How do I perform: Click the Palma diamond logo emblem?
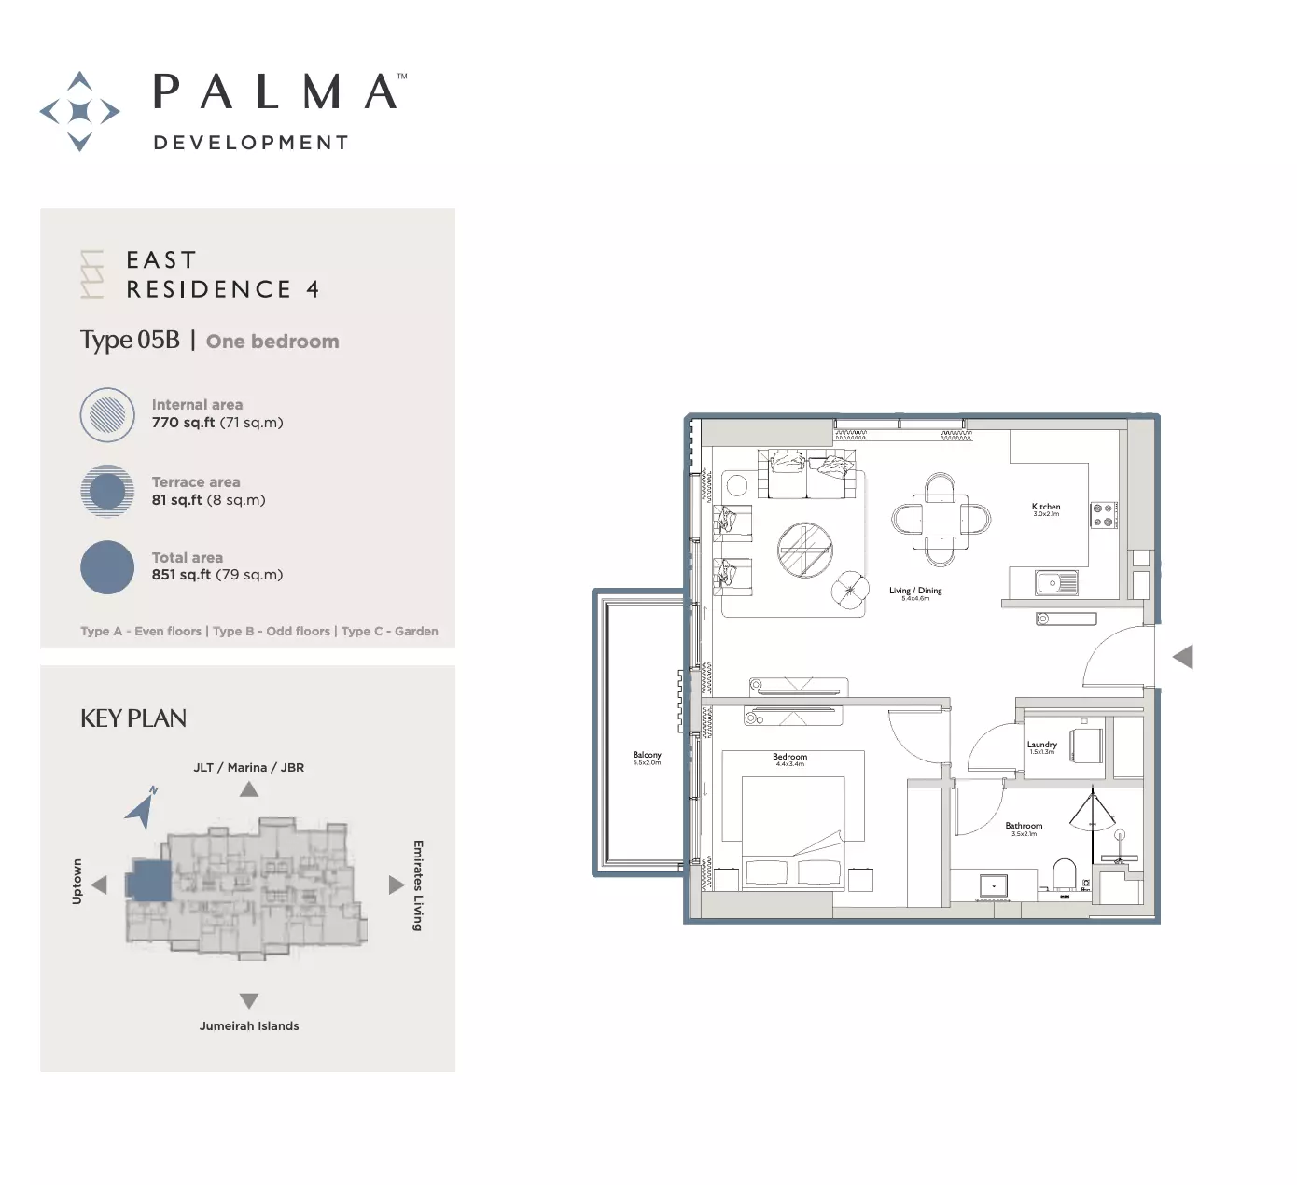80,111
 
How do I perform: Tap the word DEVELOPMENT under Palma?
251,143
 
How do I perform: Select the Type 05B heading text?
130,341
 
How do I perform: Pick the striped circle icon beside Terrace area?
107,491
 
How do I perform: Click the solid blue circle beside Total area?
107,567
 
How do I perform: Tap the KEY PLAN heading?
133,718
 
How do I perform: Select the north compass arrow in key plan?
142,808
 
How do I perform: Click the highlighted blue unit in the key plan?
149,881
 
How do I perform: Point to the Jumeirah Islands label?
249,1025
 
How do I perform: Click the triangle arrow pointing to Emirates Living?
396,885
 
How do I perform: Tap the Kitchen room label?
1046,507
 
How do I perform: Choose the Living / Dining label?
915,591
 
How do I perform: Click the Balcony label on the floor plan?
647,755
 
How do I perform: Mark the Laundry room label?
1041,745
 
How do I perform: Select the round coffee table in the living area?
804,550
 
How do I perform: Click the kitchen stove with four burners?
1103,515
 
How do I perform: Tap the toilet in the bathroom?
1065,874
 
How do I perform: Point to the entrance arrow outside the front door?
1183,657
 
